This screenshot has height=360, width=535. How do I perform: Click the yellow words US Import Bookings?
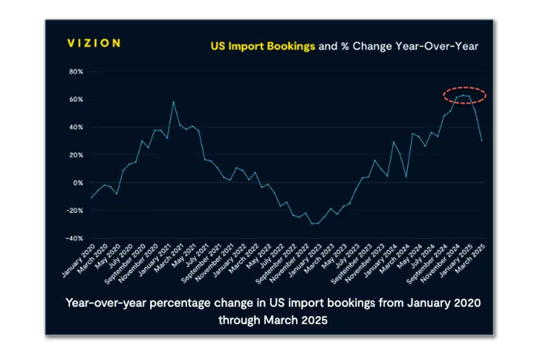[263, 46]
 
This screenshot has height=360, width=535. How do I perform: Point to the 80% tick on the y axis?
[75, 72]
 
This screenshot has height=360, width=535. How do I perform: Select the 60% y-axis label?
[75, 100]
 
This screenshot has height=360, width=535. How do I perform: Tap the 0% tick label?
[78, 183]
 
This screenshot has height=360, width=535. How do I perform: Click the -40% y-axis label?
[74, 238]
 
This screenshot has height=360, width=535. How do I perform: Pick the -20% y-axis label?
[74, 211]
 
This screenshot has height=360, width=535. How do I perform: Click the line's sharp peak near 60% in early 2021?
[173, 102]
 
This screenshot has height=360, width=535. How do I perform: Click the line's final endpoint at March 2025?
[481, 141]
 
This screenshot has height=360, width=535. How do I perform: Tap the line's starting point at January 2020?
[92, 197]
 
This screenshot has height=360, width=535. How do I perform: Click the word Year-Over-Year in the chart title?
[439, 46]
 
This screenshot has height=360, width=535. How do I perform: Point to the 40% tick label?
[75, 128]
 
